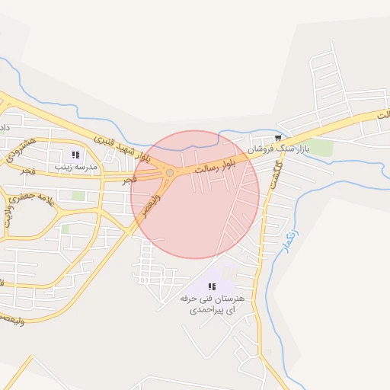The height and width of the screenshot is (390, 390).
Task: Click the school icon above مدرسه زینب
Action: tap(75, 155)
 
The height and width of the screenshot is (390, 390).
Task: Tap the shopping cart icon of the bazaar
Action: tap(266, 137)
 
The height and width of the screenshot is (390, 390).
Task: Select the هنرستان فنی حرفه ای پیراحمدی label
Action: tap(209, 304)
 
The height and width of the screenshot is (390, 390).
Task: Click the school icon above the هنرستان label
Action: tap(211, 286)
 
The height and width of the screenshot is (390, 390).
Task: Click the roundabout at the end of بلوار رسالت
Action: tap(169, 173)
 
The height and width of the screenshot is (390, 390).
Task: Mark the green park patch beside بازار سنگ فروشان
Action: tap(321, 148)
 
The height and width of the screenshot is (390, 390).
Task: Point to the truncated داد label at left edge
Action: tap(5, 125)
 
